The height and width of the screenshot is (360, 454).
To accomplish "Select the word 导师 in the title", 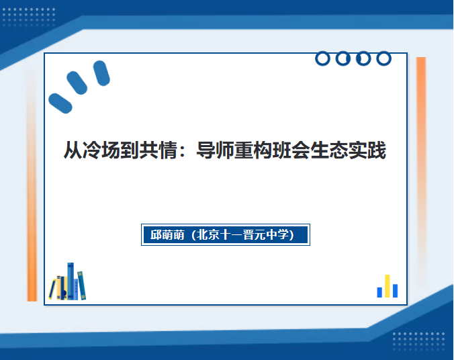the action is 215,150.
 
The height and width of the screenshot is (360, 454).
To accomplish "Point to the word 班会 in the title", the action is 291,150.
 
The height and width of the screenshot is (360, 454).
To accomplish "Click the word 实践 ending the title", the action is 367,150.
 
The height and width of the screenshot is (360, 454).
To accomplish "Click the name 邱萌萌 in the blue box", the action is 167,234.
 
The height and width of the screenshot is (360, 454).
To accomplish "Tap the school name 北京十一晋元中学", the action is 242,234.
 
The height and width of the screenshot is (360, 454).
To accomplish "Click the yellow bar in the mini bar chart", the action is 387,286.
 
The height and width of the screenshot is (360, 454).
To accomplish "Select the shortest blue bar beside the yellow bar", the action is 379,292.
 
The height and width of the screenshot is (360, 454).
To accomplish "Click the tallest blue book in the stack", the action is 71,281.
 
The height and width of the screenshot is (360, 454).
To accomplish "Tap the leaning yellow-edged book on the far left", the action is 52,289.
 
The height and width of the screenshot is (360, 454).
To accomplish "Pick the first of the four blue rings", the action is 322,59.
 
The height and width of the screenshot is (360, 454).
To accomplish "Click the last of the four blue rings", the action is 384,59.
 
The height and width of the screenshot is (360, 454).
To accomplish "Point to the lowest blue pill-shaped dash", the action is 60,103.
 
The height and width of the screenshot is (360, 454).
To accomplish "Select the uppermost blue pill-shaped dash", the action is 101,73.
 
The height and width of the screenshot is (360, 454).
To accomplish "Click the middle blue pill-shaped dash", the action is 77,83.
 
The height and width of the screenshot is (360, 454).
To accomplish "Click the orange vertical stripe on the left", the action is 32,185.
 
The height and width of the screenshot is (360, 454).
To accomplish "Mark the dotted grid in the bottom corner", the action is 418,342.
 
